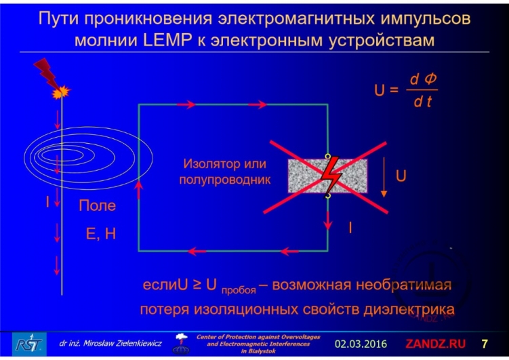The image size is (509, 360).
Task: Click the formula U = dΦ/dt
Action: click(x=406, y=89)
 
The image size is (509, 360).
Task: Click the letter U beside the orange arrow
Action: click(x=401, y=176)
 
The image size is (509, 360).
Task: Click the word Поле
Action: click(x=97, y=205)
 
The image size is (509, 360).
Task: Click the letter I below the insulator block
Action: click(x=350, y=228)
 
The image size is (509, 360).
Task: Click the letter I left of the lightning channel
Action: click(x=48, y=201)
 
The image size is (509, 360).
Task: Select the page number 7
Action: click(x=485, y=342)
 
